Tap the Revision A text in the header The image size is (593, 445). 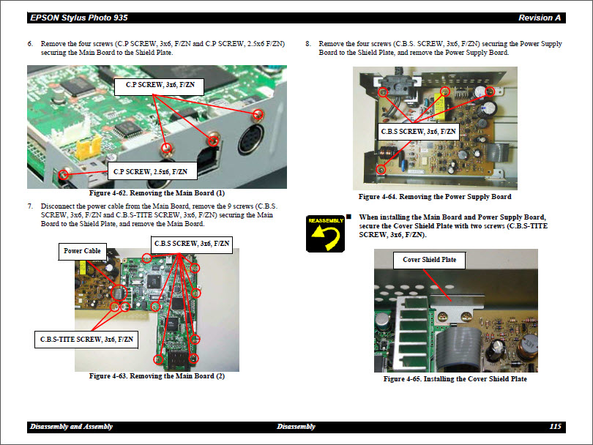tap(540, 18)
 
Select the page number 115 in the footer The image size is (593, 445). tap(555, 427)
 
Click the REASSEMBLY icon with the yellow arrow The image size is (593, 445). tap(325, 233)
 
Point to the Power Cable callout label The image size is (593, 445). tap(83, 251)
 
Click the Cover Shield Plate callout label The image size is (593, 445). tap(429, 260)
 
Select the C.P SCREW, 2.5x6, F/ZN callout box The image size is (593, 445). tap(150, 172)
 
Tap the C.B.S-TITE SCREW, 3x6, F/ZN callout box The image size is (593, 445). tap(86, 340)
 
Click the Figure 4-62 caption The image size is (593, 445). tap(157, 193)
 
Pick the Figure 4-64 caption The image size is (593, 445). tap(435, 197)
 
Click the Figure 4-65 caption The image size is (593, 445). tap(455, 379)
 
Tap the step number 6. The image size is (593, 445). tap(31, 44)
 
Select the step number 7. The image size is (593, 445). tap(31, 206)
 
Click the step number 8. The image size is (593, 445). tap(308, 44)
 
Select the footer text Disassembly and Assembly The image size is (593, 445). tap(71, 427)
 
